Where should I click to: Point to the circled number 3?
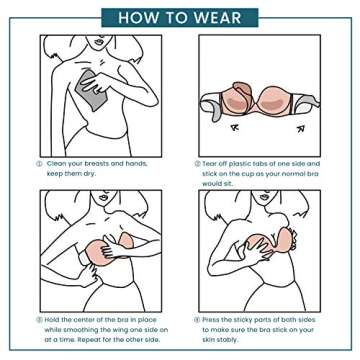click(x=38, y=320)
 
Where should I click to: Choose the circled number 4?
click(x=198, y=320)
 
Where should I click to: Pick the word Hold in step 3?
click(x=54, y=320)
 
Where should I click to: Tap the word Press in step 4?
click(x=215, y=320)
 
